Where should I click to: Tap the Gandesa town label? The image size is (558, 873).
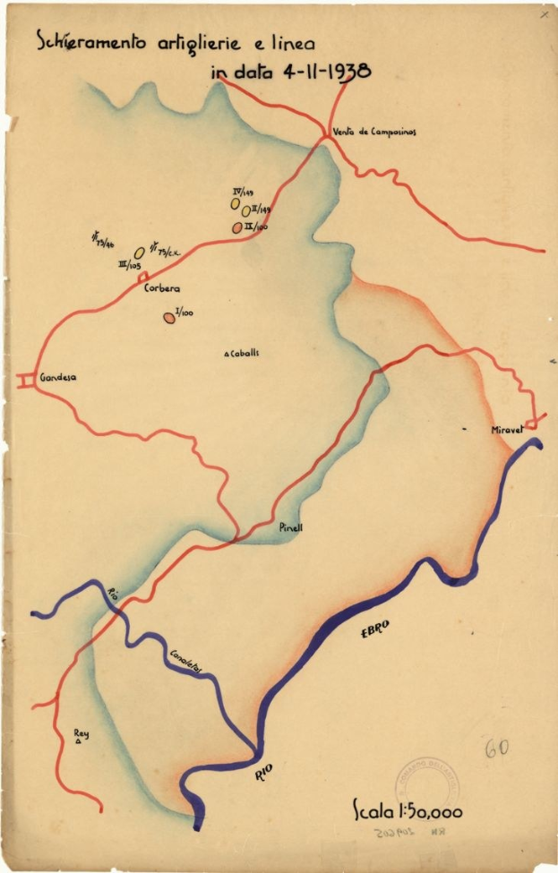tap(58, 378)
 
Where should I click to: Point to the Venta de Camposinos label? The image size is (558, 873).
tap(373, 132)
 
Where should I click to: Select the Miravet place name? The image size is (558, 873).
tap(507, 431)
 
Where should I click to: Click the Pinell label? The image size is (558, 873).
tap(290, 528)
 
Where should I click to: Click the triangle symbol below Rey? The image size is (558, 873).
tap(79, 742)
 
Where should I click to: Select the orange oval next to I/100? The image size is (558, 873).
tap(168, 317)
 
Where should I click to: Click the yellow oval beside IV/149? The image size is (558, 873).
tap(236, 203)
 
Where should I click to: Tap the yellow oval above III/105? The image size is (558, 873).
tap(140, 253)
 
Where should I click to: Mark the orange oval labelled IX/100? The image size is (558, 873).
tap(237, 227)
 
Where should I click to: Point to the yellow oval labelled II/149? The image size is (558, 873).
tap(245, 211)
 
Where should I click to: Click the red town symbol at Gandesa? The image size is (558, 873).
tap(25, 380)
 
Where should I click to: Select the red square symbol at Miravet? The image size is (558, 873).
tap(532, 424)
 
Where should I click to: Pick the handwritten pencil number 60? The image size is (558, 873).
tap(496, 749)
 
